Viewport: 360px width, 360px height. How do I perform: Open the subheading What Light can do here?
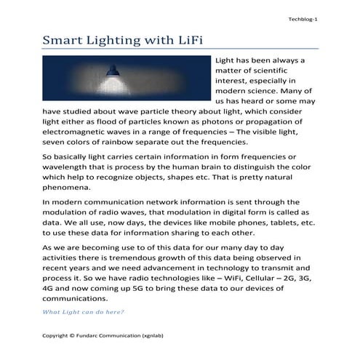[83, 312]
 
